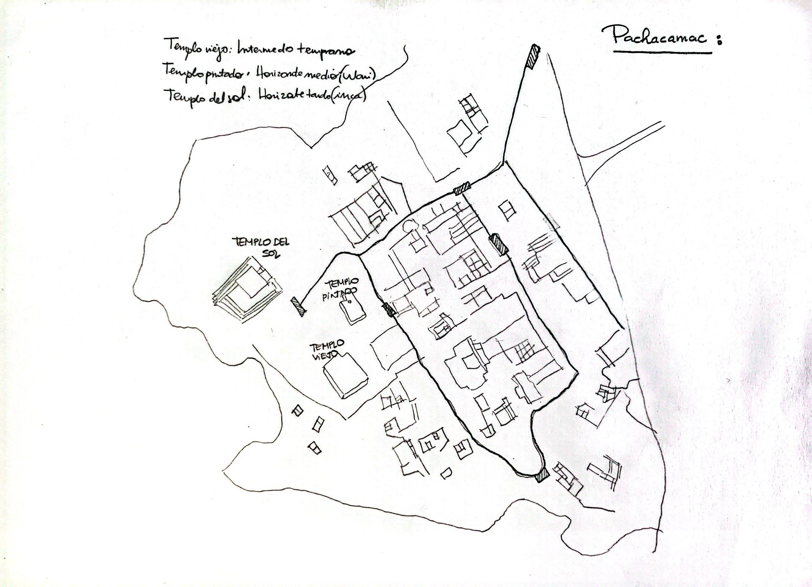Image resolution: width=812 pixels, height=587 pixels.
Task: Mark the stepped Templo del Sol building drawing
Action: pos(247,290)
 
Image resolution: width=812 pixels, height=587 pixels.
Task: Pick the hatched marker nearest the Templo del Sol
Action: pos(298,307)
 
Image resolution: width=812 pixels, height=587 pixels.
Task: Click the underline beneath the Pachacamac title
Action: pos(662,52)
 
